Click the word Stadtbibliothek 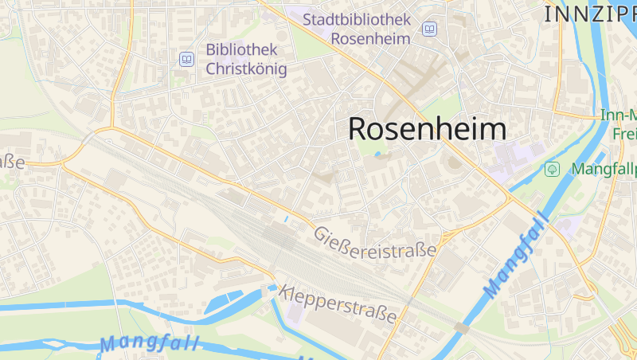click(x=357, y=18)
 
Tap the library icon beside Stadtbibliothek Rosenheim click(x=430, y=29)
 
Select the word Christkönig click(x=246, y=68)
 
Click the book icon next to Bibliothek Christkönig click(x=186, y=59)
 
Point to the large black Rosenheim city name click(x=428, y=129)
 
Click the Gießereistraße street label click(x=376, y=242)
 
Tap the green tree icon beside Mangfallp click(x=551, y=169)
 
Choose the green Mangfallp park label click(x=604, y=169)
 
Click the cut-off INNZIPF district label click(x=590, y=14)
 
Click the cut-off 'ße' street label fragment click(x=12, y=162)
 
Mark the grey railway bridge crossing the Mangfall click(x=462, y=327)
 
